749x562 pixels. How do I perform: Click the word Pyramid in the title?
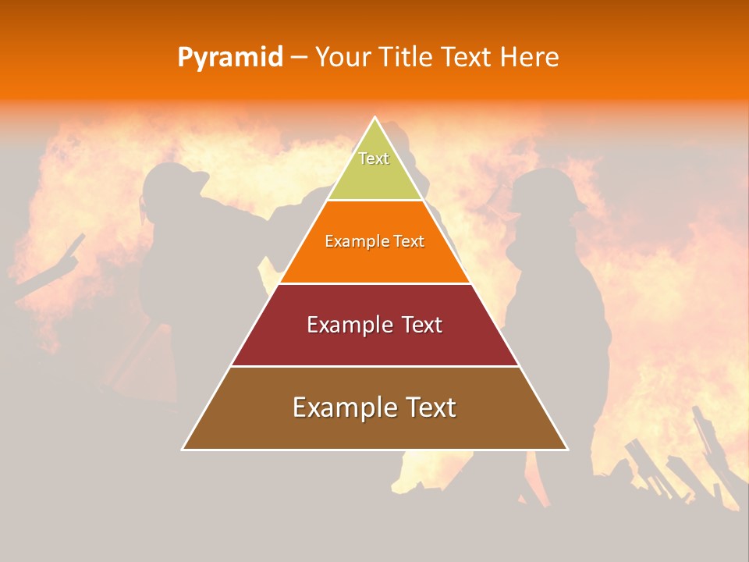[x=230, y=58]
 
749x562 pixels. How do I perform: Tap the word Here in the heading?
[x=530, y=58]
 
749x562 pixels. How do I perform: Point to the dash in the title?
[x=298, y=58]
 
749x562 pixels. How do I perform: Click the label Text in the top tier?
[x=374, y=158]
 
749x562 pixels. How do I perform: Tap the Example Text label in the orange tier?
[x=374, y=241]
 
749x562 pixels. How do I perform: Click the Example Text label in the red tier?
[x=374, y=325]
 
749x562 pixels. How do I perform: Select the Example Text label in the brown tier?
[x=374, y=407]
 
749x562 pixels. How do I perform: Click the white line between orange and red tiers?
[x=374, y=283]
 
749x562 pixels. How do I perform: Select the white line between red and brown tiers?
[x=374, y=366]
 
